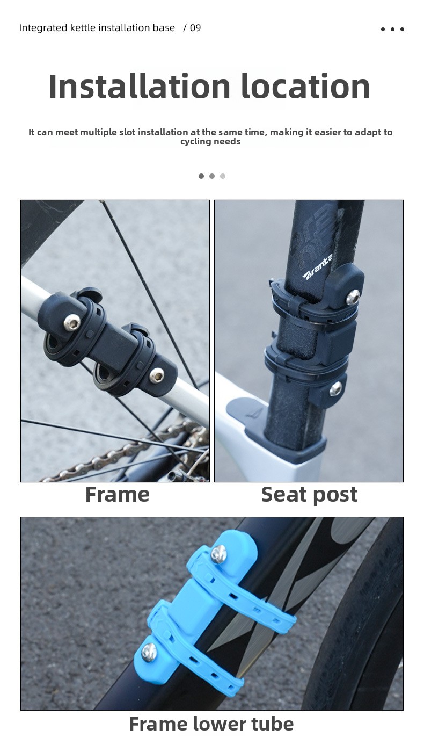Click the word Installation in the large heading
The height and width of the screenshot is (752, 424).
click(x=139, y=86)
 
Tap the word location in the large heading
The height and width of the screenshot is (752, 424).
click(x=305, y=86)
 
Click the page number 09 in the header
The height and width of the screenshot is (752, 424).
click(x=195, y=28)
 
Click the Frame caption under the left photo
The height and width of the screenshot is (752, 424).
click(x=118, y=495)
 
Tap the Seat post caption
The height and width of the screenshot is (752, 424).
click(x=309, y=495)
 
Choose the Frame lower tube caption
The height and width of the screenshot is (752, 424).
click(x=211, y=724)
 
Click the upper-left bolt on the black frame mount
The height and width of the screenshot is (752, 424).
click(x=72, y=322)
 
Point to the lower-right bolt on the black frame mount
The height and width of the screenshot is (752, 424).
click(x=157, y=374)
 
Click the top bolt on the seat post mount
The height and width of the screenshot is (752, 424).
click(x=353, y=296)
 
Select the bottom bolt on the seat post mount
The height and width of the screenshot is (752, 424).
click(x=336, y=389)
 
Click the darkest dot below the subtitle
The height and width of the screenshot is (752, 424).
click(x=201, y=176)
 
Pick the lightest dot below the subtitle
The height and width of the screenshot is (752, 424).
click(x=223, y=176)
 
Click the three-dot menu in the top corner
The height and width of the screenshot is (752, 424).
click(x=392, y=29)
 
